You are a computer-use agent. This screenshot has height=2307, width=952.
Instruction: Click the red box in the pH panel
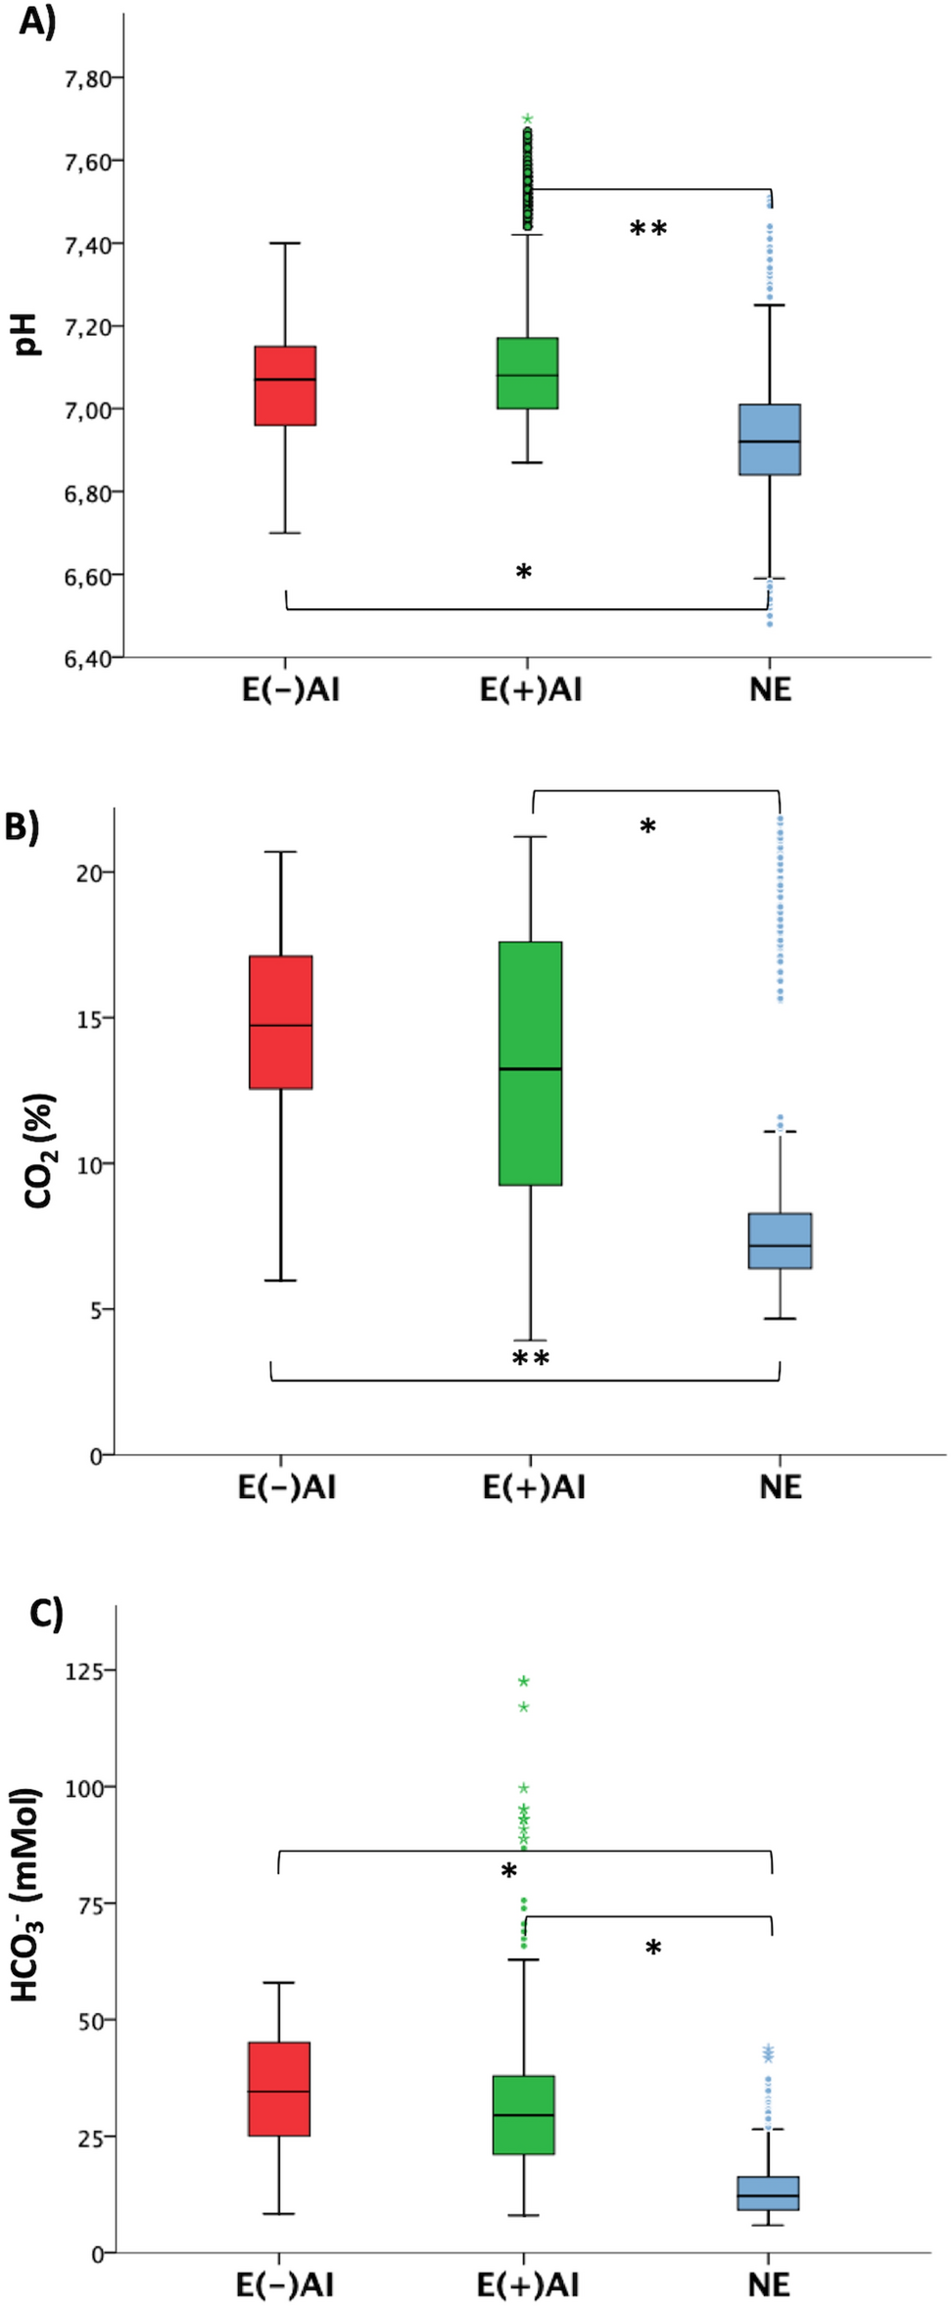[285, 386]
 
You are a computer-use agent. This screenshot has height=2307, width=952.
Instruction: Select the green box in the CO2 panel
[530, 1063]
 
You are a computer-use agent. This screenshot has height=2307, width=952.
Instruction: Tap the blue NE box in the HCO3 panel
[769, 2192]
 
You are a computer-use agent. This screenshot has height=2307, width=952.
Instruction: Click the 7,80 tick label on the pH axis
[86, 78]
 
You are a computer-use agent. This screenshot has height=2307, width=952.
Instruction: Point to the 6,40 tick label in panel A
[86, 659]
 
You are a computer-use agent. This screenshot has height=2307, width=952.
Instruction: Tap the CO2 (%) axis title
[39, 1151]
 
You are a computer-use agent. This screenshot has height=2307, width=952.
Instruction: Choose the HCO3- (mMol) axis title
[26, 1895]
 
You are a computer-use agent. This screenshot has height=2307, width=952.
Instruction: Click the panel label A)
[37, 21]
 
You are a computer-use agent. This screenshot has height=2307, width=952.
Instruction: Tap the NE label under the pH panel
[771, 690]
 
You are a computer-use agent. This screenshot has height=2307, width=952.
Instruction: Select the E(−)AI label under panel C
[285, 2285]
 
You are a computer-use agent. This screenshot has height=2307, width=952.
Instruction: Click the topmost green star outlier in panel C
[524, 1682]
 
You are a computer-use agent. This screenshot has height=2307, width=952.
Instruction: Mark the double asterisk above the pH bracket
[647, 229]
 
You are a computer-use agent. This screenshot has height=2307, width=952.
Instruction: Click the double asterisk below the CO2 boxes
[531, 1358]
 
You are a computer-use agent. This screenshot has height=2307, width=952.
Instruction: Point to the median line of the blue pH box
[770, 442]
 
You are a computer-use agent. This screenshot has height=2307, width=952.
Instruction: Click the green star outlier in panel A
[528, 118]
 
